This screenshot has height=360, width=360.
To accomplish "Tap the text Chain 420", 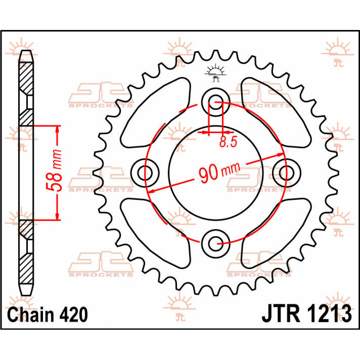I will click(47, 315).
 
